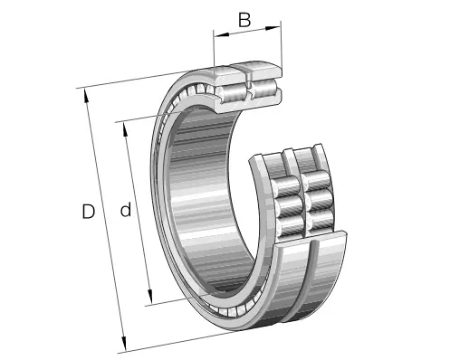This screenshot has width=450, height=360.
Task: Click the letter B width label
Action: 244,20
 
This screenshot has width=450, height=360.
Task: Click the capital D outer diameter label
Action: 88,213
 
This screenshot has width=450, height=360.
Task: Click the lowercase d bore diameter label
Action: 126,211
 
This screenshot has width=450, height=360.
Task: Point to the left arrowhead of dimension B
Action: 217,34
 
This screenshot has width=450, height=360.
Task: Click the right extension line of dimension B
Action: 282,50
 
